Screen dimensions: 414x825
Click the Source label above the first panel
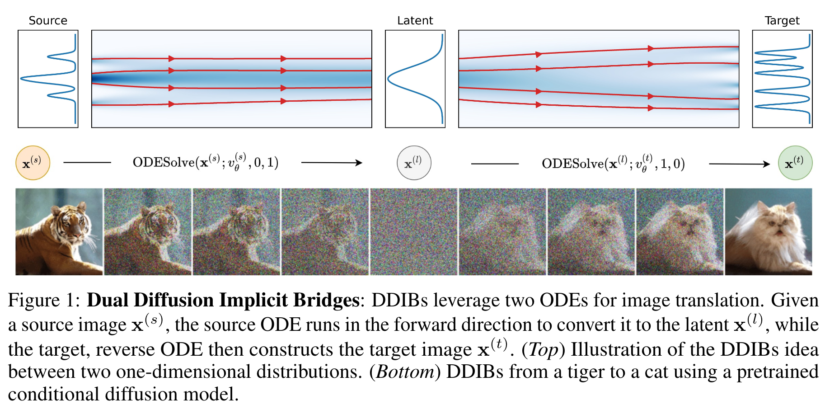click(x=48, y=20)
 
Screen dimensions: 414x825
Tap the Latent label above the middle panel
click(x=415, y=20)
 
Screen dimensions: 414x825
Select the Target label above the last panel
click(x=782, y=20)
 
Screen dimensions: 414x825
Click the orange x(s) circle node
click(x=33, y=163)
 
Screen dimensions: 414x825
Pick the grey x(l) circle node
click(x=414, y=163)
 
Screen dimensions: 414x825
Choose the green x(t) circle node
click(x=795, y=163)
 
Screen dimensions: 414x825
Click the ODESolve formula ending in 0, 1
click(x=205, y=163)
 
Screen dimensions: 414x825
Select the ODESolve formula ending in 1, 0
click(x=613, y=164)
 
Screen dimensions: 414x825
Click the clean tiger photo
click(x=59, y=231)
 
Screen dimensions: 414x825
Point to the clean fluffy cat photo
click(x=768, y=231)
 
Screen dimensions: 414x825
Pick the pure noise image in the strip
click(x=414, y=231)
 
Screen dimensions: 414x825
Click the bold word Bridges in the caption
click(x=326, y=300)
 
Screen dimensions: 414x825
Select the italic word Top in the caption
click(x=543, y=349)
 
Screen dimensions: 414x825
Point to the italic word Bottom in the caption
click(x=405, y=372)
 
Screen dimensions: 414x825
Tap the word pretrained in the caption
click(x=777, y=372)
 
